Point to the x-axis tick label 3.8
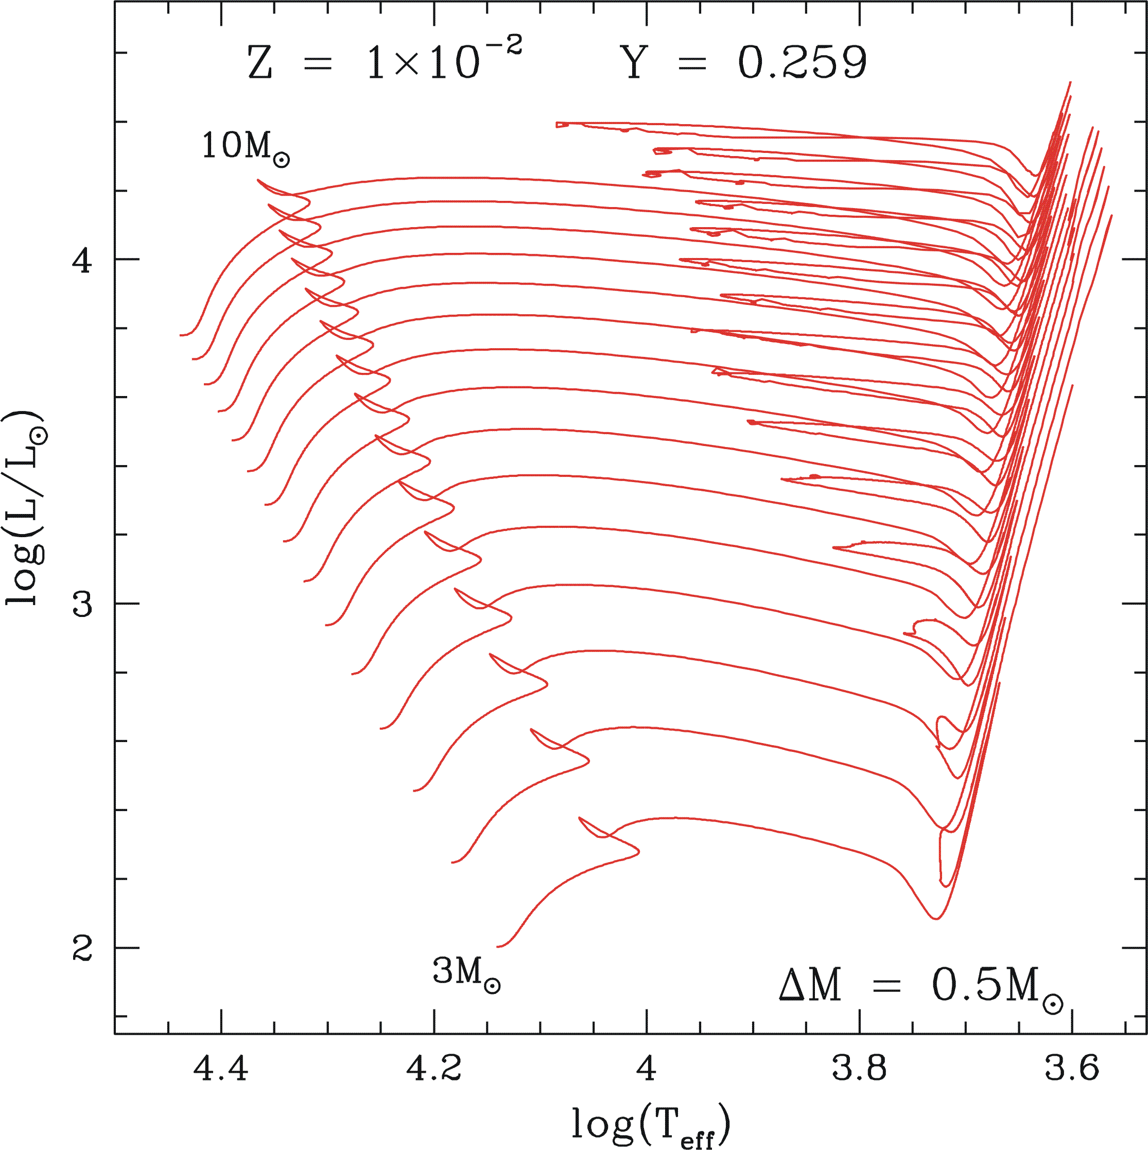(859, 1069)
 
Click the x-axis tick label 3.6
(1072, 1069)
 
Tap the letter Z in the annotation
(260, 64)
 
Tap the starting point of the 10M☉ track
(180, 336)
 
